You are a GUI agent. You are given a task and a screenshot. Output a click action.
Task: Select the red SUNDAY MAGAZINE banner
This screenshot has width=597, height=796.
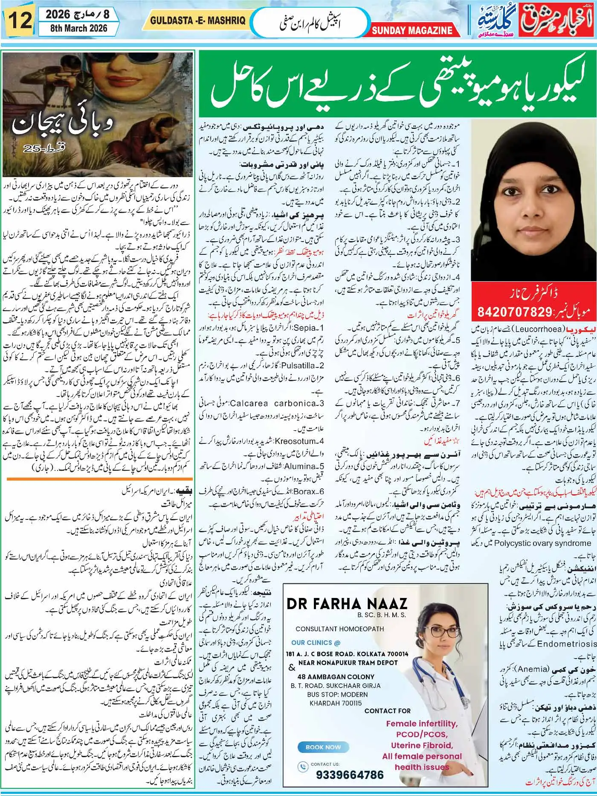coord(412,30)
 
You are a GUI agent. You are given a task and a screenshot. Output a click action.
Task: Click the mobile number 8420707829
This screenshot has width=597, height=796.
coord(515,312)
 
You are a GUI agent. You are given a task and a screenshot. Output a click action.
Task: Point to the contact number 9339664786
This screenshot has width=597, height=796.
coord(350,775)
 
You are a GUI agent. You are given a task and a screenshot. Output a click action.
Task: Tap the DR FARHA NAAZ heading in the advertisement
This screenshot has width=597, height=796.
coord(347,603)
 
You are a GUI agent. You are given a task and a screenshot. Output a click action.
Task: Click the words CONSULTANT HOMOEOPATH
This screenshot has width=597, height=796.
coord(339,629)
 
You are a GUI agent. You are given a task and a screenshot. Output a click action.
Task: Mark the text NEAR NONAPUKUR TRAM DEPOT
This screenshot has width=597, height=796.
coord(348,662)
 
